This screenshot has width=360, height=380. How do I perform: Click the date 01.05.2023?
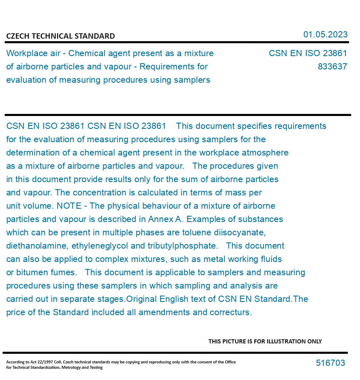(325, 35)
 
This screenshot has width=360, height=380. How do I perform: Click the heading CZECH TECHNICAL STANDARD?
(60, 36)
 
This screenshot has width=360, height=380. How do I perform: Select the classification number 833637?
(332, 67)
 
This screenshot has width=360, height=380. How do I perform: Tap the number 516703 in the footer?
(330, 363)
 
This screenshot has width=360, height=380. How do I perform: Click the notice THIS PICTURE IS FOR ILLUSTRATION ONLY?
(265, 341)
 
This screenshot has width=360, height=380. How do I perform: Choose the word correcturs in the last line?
(230, 312)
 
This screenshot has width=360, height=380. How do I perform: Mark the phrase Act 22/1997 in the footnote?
(40, 362)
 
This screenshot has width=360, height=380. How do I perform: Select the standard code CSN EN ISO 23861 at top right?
(308, 53)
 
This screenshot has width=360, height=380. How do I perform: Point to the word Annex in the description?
(160, 219)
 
